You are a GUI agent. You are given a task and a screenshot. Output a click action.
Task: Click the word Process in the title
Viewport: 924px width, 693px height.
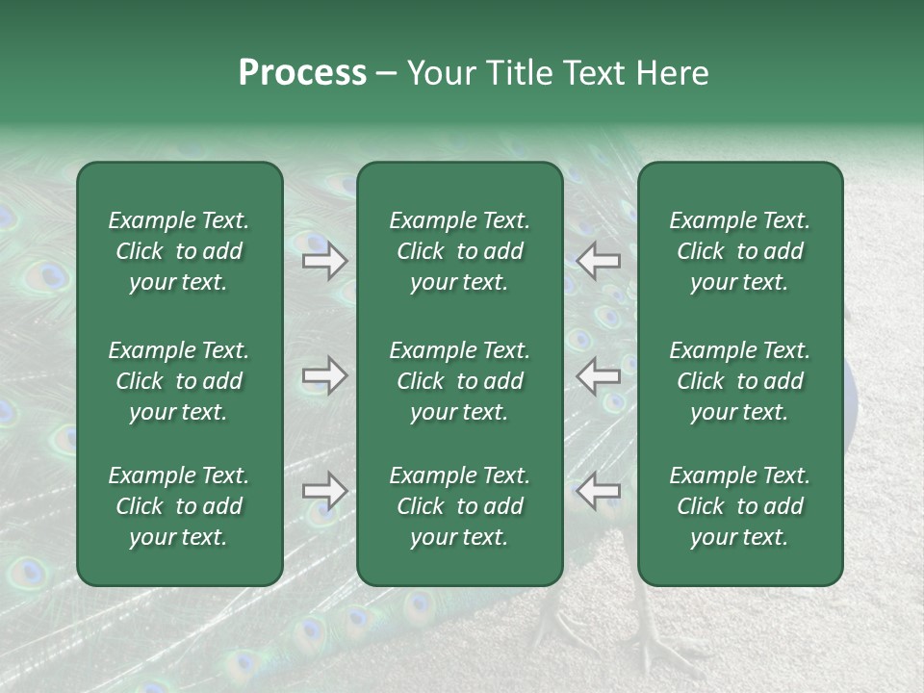point(302,73)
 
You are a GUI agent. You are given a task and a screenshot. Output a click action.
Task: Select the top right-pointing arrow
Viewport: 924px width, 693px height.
point(324,261)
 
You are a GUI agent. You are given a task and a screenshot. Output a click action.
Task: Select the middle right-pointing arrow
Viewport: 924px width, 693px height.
point(324,375)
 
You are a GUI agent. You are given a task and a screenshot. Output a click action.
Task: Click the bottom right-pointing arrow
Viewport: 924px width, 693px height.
point(324,491)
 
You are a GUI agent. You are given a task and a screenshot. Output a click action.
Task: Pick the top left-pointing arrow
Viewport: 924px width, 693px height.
point(599,261)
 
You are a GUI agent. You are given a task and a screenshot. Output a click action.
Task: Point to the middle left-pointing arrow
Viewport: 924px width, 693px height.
point(599,375)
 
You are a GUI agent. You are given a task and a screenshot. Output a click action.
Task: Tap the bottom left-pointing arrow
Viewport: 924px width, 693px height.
point(599,491)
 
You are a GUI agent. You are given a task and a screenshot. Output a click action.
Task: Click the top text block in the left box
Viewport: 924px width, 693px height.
point(179,251)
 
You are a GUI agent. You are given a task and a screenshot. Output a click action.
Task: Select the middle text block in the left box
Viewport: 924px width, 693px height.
point(179,381)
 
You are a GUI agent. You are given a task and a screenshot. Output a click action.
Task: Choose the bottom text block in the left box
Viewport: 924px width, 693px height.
point(179,506)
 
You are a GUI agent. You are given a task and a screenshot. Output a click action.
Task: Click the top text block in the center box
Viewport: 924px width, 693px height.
point(459,251)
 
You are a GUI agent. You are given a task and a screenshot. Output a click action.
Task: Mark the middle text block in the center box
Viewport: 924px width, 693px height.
point(459,381)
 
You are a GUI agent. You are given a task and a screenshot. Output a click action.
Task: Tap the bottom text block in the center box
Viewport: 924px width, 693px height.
point(459,506)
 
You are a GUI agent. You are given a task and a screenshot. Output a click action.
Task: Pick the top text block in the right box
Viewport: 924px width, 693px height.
point(739,251)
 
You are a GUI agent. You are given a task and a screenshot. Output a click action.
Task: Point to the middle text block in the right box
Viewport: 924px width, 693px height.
point(739,381)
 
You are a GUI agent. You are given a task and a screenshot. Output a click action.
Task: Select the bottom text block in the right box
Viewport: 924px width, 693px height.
point(739,506)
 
